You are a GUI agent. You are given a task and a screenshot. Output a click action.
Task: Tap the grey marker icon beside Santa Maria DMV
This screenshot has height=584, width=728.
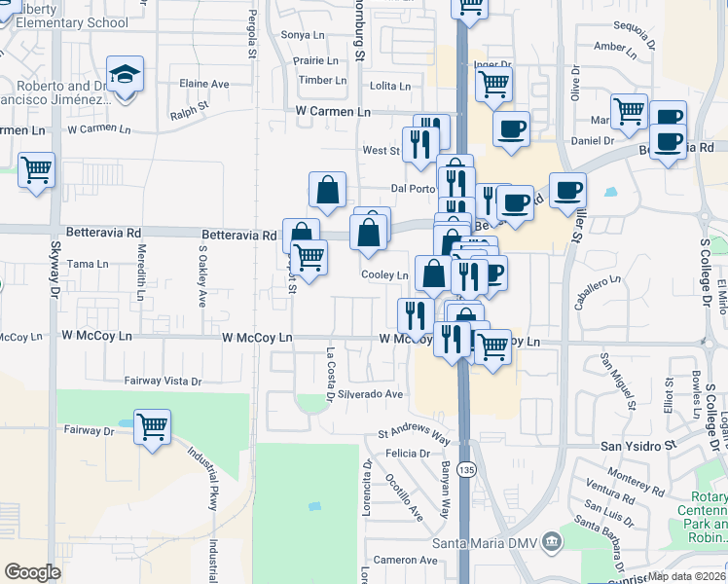[x=551, y=540]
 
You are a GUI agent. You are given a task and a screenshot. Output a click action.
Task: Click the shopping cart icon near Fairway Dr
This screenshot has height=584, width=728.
[x=152, y=426]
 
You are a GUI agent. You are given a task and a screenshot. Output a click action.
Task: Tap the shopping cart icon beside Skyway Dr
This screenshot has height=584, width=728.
[x=37, y=171]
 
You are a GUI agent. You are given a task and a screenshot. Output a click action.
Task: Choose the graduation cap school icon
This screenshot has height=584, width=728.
[x=125, y=75]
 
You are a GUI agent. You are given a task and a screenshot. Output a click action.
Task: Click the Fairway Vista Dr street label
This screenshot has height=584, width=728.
[x=163, y=382]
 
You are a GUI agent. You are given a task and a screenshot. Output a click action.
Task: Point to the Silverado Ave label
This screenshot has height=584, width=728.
[x=370, y=394]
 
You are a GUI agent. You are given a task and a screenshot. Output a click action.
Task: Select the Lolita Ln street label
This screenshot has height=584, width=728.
[x=390, y=87]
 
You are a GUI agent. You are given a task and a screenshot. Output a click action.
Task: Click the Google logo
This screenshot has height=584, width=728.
[x=32, y=572]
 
